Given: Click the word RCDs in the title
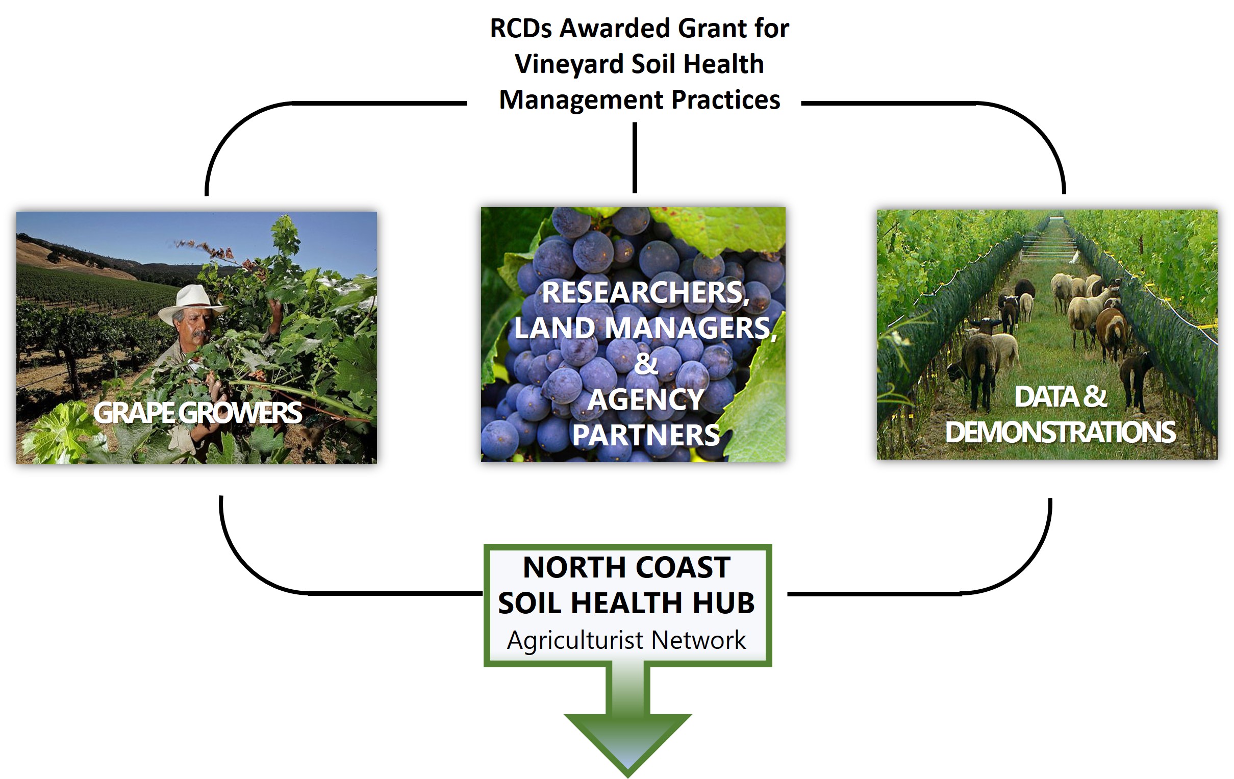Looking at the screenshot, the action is point(522,28).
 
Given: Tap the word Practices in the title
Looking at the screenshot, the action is point(725,99).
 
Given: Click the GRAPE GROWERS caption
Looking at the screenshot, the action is point(198,413).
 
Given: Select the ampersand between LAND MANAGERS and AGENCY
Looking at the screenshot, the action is point(645,364).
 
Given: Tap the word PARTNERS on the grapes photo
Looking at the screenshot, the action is point(646,435).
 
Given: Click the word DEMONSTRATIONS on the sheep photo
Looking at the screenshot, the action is point(1060,432).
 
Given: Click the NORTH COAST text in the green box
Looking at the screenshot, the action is point(626,567).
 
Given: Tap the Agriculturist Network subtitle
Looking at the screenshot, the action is point(626,640).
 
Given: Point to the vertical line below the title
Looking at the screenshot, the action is point(635,157).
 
